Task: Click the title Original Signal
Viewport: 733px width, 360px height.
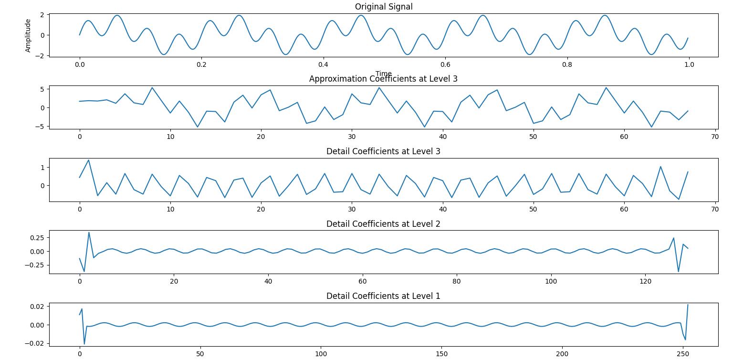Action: (x=383, y=7)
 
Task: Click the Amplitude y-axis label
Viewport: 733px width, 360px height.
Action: (x=28, y=35)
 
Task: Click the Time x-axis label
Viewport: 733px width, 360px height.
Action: (x=383, y=74)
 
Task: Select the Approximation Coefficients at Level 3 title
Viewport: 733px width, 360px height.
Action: (x=383, y=79)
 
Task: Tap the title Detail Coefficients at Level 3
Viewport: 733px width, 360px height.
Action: (x=383, y=151)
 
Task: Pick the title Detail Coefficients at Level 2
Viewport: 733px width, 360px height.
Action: (x=383, y=224)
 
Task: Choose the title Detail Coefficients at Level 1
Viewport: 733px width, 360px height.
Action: (x=383, y=296)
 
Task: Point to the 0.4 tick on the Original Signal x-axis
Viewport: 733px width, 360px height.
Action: (x=323, y=64)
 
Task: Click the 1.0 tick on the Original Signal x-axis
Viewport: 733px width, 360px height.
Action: (x=689, y=64)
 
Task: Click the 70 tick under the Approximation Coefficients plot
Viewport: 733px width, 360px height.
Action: (x=715, y=137)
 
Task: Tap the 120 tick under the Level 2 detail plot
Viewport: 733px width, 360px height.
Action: (x=645, y=281)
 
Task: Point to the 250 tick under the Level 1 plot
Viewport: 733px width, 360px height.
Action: (x=683, y=354)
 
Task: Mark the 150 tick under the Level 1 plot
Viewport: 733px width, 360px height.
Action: (x=441, y=354)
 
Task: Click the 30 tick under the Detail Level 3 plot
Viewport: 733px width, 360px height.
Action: (x=352, y=209)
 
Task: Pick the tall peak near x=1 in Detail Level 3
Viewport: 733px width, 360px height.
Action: (x=89, y=160)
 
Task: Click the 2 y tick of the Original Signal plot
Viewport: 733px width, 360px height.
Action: (x=42, y=15)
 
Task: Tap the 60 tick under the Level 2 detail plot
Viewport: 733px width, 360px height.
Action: (x=363, y=281)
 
